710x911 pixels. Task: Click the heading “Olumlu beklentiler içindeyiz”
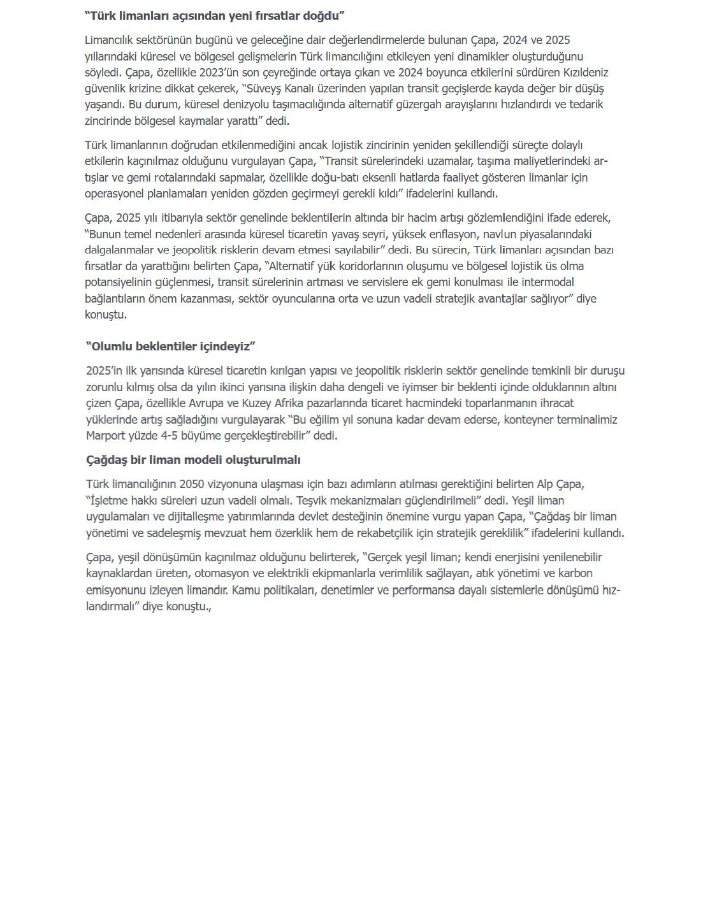171,346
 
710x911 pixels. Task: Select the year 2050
192,484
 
